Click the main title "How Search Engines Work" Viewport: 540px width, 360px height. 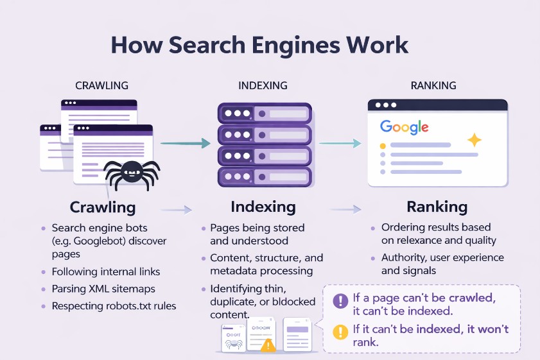point(259,45)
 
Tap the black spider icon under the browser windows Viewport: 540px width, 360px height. point(132,172)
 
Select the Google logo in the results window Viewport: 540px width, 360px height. point(404,126)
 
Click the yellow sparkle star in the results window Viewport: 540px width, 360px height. point(474,140)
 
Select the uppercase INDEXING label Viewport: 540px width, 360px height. point(263,85)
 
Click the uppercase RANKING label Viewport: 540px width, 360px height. point(433,85)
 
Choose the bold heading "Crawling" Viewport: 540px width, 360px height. point(103,207)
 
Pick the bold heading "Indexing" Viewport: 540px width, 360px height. point(263,207)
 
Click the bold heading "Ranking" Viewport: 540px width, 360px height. point(437,207)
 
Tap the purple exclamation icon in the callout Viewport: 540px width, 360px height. point(340,300)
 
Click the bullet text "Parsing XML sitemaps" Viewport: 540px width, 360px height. point(103,289)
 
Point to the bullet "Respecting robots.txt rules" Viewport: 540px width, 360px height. point(114,306)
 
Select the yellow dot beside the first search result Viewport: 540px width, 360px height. point(383,146)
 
